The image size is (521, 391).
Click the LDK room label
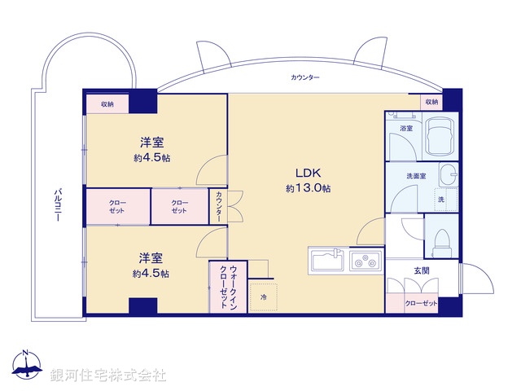[307, 173]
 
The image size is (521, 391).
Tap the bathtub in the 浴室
[440, 133]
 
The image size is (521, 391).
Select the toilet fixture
[442, 239]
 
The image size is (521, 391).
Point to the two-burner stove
[365, 261]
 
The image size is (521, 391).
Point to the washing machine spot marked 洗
[441, 200]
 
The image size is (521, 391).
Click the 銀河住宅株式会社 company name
[108, 375]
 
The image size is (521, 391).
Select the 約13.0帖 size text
[307, 188]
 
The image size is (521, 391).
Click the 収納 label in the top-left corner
[107, 104]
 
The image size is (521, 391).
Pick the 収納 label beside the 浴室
[431, 102]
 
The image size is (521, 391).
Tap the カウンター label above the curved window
[304, 77]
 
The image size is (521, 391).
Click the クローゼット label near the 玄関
[422, 304]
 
